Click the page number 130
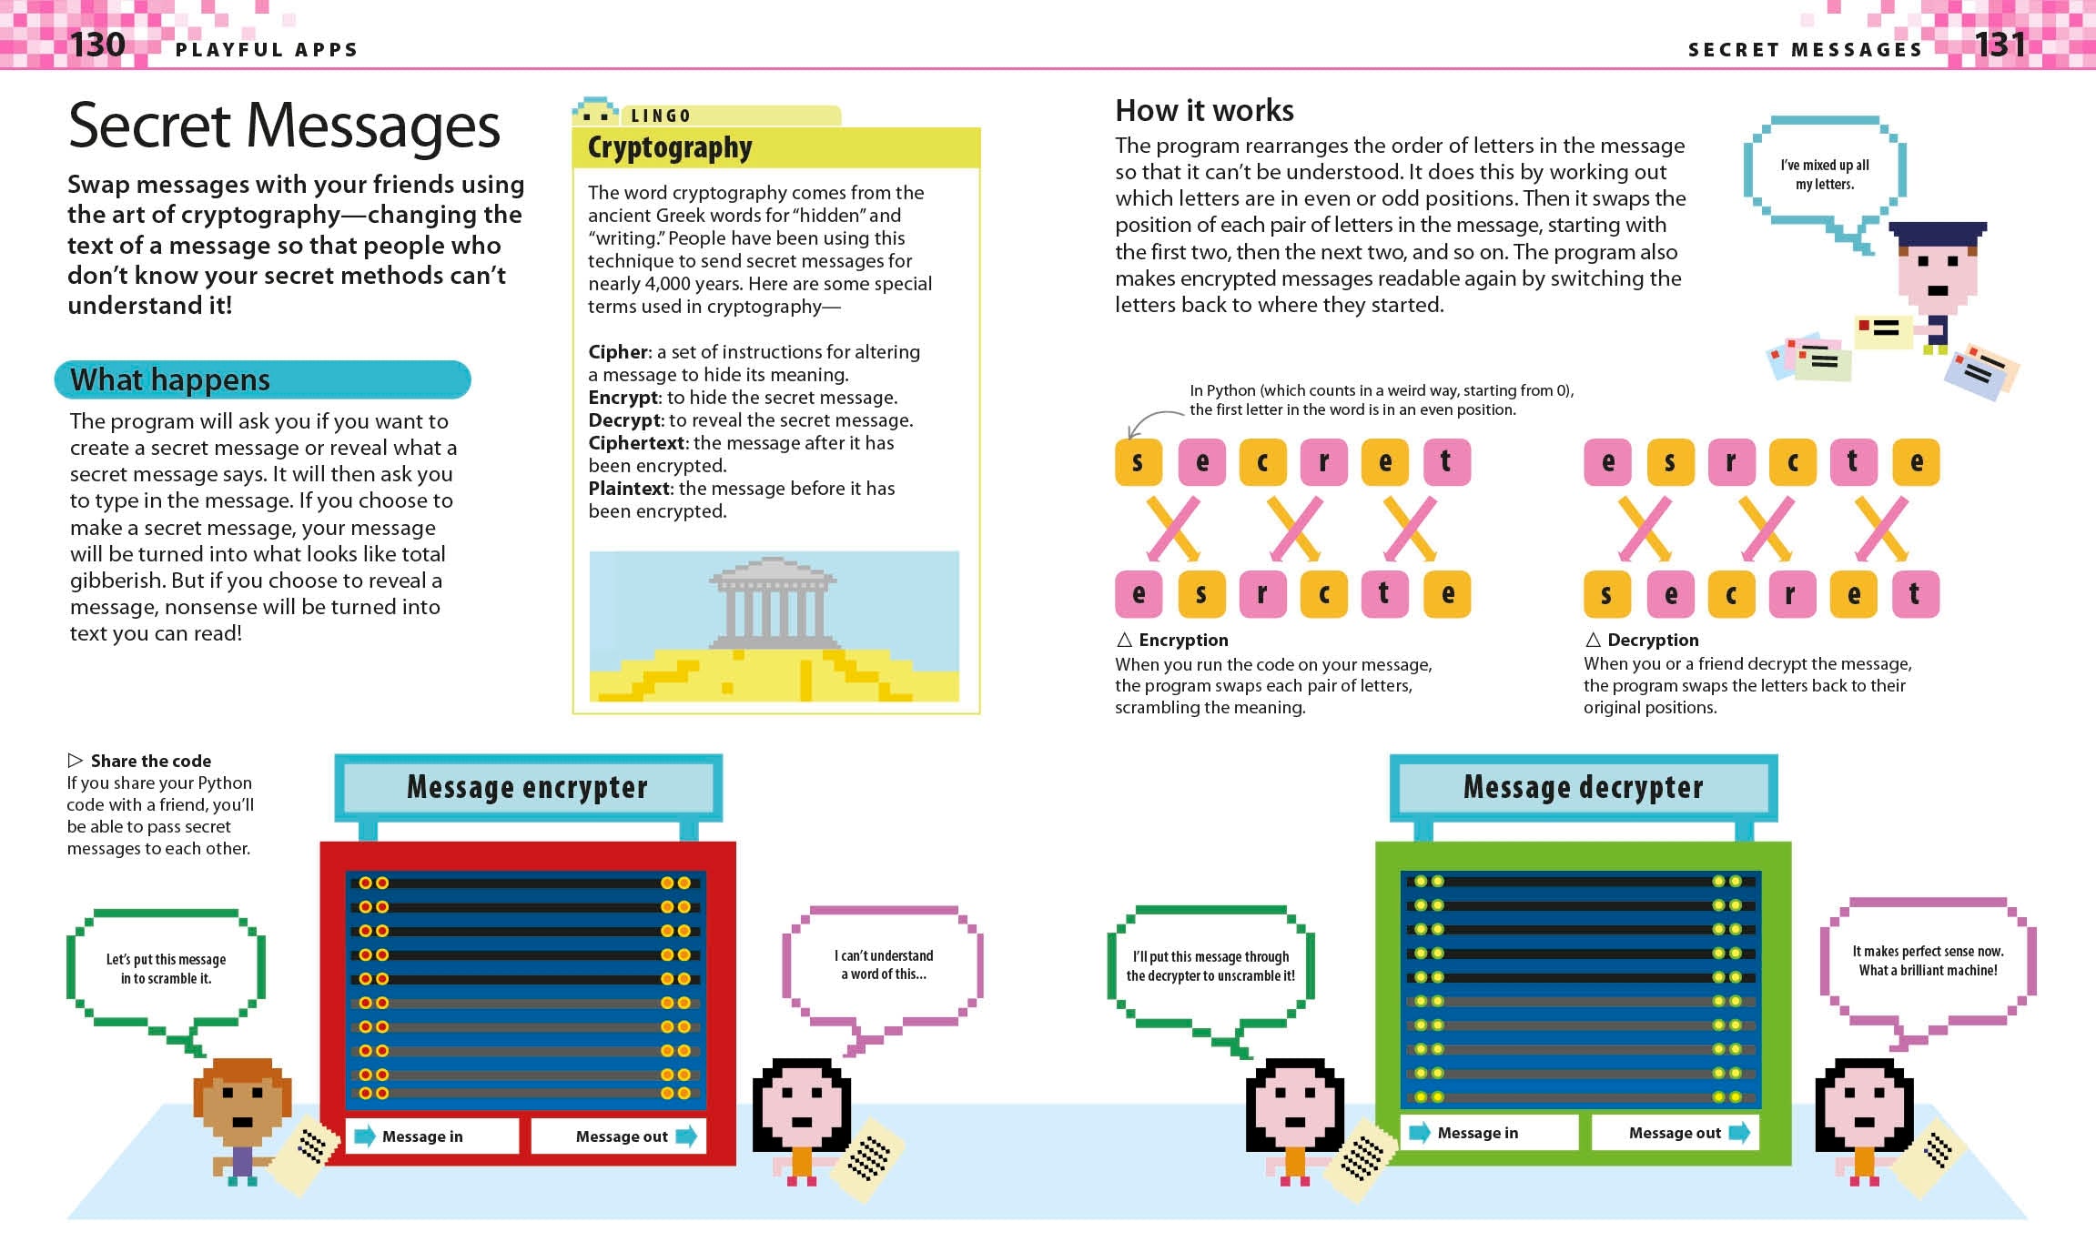[97, 44]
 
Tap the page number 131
[2000, 44]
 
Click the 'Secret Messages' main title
[284, 126]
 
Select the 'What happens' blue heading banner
[262, 379]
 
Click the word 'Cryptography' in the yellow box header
[670, 147]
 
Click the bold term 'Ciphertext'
[636, 443]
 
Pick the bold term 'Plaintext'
[630, 489]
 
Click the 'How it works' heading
[1204, 110]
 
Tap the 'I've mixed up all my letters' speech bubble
[1825, 175]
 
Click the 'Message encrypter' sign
[528, 787]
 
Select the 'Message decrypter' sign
[1583, 787]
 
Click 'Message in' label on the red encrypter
[422, 1136]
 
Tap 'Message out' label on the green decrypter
[1675, 1133]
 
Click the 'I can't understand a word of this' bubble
[883, 964]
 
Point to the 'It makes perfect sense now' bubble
[1928, 961]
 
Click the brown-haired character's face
[242, 1104]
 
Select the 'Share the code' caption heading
[150, 761]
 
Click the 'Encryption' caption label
[1183, 640]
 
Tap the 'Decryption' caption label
[1653, 640]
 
